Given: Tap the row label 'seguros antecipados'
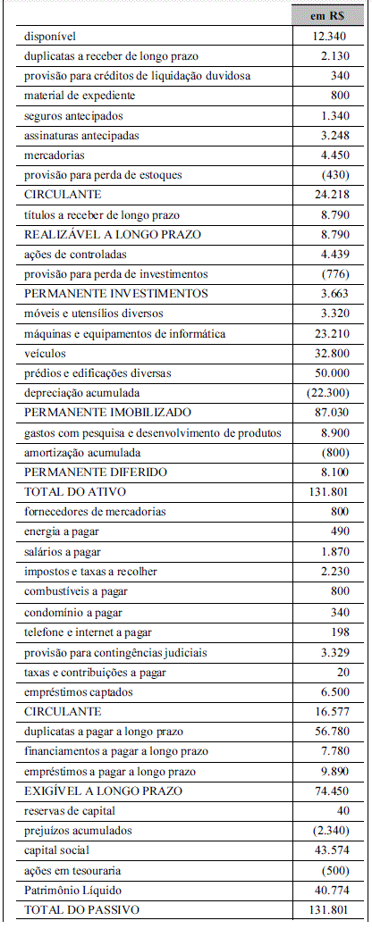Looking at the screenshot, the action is [73, 116].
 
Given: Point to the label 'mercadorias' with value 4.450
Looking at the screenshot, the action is [55, 155].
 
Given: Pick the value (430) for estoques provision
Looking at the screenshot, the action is [332, 175].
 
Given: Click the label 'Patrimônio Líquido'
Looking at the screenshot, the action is [73, 890].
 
